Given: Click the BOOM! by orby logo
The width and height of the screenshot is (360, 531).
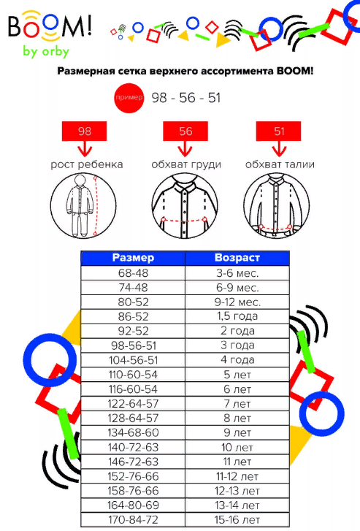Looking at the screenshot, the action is [50, 34].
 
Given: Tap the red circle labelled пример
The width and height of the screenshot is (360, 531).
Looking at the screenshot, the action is [129, 98].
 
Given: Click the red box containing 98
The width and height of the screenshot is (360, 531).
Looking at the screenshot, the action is [84, 131].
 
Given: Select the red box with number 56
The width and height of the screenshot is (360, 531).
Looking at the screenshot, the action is [185, 131].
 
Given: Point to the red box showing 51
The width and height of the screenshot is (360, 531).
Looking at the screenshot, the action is [278, 131].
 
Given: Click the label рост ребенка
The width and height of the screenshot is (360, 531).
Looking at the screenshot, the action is [87, 164].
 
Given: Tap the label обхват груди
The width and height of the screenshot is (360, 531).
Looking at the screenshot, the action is [186, 164].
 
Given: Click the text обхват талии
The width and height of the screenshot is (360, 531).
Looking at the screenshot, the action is [280, 164].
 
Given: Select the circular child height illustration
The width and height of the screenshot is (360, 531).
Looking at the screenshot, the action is [83, 205].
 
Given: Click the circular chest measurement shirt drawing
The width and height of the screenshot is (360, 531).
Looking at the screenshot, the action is [185, 205].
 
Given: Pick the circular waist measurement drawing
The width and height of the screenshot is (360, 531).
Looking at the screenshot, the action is [276, 205].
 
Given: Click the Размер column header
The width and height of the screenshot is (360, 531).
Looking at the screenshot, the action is [133, 258].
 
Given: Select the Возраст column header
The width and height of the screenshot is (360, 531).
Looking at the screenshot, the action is [237, 258].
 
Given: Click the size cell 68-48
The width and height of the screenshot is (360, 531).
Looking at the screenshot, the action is [133, 273].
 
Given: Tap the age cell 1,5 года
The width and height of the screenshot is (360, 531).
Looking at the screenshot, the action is [237, 316].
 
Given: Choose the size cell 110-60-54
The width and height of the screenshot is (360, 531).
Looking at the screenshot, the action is [133, 375].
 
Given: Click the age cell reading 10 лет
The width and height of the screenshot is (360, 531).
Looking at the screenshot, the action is [237, 447].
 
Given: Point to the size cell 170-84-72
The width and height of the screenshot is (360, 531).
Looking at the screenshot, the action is [133, 520].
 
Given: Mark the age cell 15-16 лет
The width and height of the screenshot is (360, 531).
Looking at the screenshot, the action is [237, 520].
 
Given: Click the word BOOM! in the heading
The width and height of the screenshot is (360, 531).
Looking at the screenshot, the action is [295, 71].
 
